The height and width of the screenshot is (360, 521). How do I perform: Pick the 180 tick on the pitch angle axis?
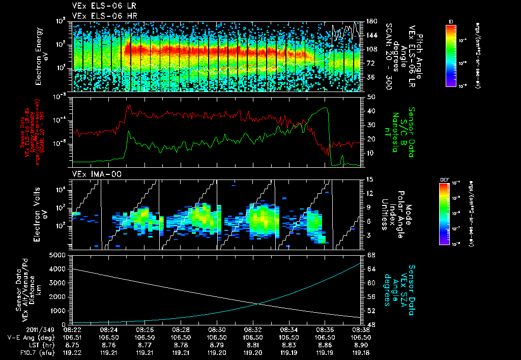point(371,21)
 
